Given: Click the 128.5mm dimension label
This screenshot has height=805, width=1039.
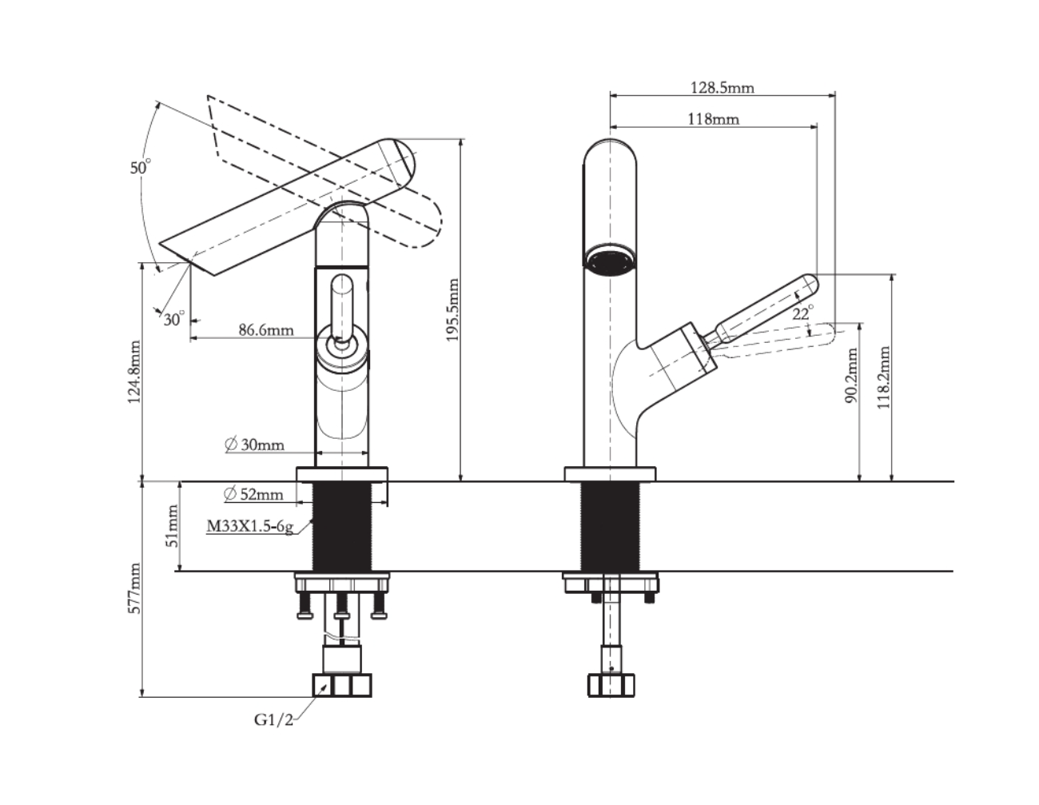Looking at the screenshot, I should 722,87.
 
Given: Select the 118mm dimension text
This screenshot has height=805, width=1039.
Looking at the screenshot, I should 713,119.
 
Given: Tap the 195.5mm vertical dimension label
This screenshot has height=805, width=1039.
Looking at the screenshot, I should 453,310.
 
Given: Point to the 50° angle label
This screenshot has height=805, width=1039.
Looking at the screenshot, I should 141,168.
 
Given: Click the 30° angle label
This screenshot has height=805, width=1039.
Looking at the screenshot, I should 173,319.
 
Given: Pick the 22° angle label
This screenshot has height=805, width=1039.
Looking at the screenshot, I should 803,313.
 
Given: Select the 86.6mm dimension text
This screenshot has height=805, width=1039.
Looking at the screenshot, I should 265,329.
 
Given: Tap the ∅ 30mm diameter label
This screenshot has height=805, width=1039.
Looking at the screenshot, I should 255,444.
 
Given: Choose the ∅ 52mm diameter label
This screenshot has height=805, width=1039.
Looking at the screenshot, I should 254,494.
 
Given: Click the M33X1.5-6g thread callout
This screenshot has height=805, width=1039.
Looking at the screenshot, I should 250,526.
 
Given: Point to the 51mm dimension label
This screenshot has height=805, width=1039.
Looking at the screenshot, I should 171,527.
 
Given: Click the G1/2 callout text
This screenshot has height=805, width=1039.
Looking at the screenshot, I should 274,719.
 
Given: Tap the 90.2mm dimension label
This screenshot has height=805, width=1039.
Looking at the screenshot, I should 852,376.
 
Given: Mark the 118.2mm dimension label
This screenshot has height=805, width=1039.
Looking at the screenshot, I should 883,377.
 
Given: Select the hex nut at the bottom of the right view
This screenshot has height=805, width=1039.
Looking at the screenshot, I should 611,685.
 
